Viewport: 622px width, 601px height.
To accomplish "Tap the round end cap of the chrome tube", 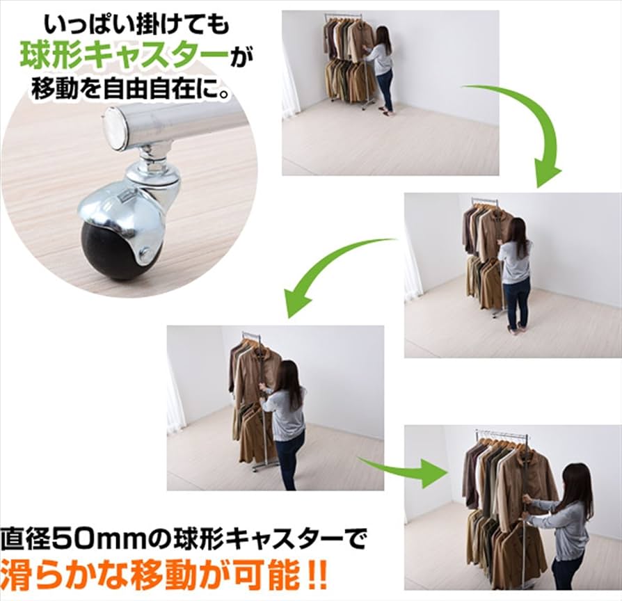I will (116, 129).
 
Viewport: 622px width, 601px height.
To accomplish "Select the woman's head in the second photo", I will (516, 229).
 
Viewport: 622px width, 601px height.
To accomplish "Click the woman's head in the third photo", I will (287, 375).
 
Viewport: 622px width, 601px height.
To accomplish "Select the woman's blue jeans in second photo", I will (516, 303).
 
